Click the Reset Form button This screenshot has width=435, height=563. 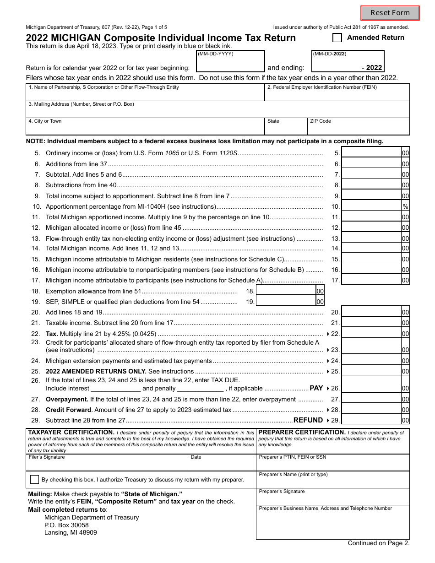tap(390, 13)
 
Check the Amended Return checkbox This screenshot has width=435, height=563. tap(337, 38)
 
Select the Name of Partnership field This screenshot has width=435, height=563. tap(145, 95)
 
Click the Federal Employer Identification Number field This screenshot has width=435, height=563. tap(337, 95)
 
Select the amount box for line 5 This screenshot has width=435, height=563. tap(371, 153)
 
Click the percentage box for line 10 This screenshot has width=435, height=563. tap(371, 206)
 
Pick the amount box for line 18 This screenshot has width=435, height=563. tap(286, 291)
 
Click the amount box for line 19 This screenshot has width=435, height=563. tap(286, 302)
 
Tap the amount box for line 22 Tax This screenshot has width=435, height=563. tap(371, 334)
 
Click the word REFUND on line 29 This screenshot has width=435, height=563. tap(308, 420)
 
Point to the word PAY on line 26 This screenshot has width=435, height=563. tap(316, 388)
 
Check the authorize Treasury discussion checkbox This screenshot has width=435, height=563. tap(34, 480)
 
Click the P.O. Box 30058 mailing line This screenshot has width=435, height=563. tap(66, 525)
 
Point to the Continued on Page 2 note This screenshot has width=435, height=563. tap(379, 543)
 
